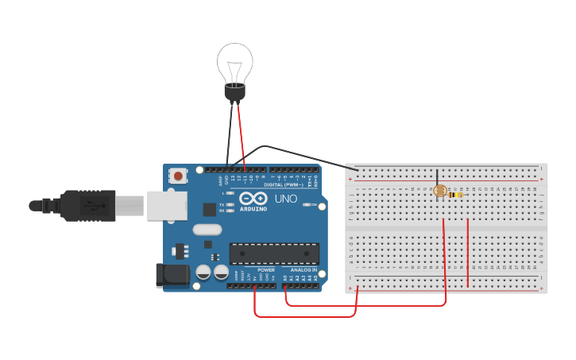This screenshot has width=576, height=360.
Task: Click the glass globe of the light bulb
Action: pyautogui.click(x=235, y=60)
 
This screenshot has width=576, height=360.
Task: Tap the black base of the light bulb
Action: pyautogui.click(x=234, y=93)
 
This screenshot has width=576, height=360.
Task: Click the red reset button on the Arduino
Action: pyautogui.click(x=179, y=176)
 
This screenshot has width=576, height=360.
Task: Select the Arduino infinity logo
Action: pyautogui.click(x=253, y=199)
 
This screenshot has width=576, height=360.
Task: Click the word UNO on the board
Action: pyautogui.click(x=285, y=198)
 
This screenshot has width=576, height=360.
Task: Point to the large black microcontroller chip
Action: pyautogui.click(x=274, y=254)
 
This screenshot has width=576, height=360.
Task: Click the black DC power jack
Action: pyautogui.click(x=172, y=275)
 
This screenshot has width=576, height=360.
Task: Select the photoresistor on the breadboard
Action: pyautogui.click(x=439, y=191)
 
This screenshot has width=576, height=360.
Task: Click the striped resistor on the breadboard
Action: pyautogui.click(x=456, y=194)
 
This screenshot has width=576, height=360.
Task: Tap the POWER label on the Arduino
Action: pyautogui.click(x=266, y=270)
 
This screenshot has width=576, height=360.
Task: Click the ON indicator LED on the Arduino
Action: pyautogui.click(x=307, y=205)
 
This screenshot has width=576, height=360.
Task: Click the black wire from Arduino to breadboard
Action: pyautogui.click(x=302, y=153)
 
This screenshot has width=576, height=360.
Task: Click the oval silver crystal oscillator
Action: pyautogui.click(x=206, y=230)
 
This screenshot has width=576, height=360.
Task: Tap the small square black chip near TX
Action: pyautogui.click(x=210, y=209)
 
